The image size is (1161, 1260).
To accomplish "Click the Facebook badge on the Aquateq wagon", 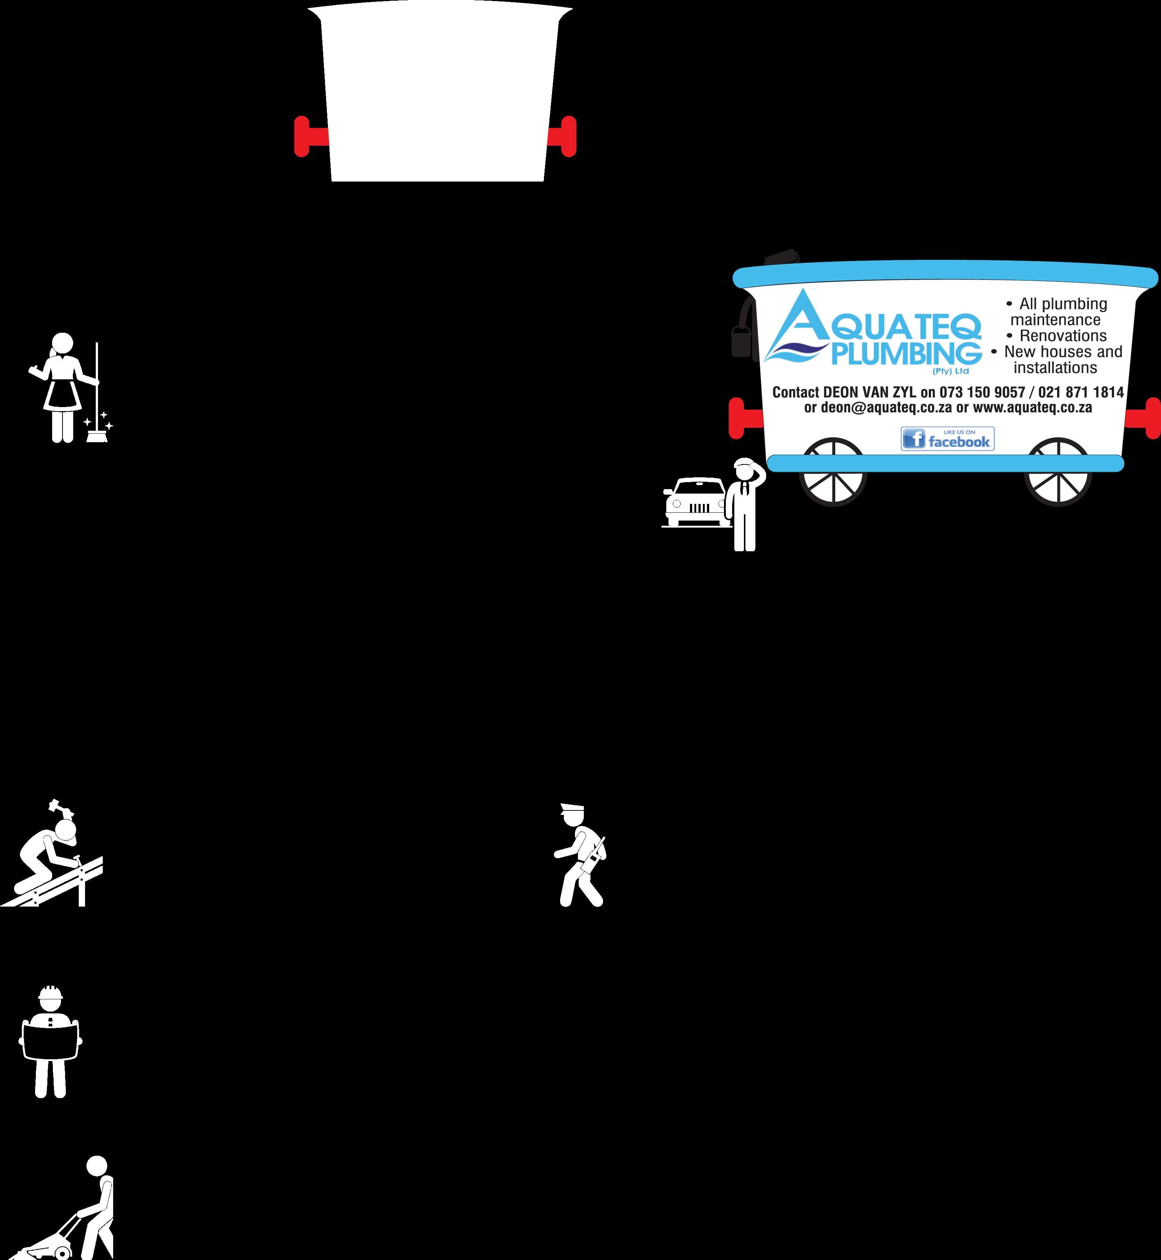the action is (947, 438).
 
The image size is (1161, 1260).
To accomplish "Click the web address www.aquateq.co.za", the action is (1032, 408).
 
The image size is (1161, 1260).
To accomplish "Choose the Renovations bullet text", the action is (1062, 336).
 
